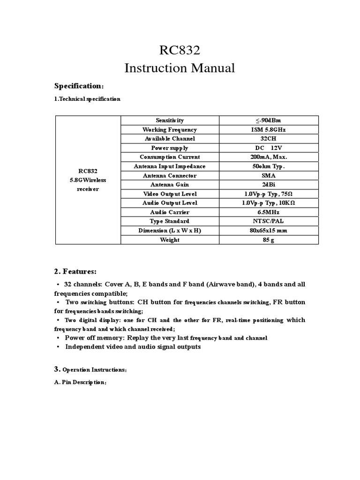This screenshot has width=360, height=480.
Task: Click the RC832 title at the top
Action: click(180, 51)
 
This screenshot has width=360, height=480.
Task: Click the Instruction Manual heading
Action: click(180, 68)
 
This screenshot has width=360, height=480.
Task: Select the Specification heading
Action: click(78, 86)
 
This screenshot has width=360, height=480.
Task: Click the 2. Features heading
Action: click(75, 271)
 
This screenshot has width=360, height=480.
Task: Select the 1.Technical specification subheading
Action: click(87, 99)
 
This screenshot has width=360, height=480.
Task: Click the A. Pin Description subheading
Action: click(81, 382)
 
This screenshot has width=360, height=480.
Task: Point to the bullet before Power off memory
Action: click(58, 338)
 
